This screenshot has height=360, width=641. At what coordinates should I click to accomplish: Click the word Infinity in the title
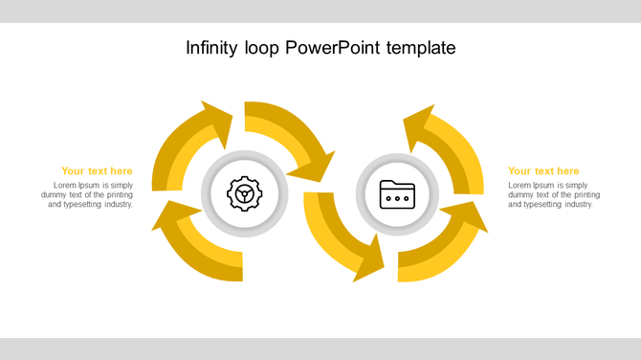(x=214, y=47)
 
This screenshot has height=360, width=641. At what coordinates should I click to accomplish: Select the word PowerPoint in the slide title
(x=333, y=47)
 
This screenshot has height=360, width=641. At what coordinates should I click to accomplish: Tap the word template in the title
(x=421, y=47)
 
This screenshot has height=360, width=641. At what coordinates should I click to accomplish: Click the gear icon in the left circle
(x=244, y=194)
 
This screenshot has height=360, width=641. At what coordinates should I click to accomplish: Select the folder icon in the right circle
(x=397, y=194)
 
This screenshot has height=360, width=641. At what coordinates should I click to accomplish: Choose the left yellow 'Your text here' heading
(x=97, y=171)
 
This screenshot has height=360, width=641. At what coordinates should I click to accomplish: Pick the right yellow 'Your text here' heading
(x=543, y=171)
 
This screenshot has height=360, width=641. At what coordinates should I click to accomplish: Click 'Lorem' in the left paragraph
(x=66, y=185)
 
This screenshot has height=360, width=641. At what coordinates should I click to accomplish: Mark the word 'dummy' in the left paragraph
(x=55, y=194)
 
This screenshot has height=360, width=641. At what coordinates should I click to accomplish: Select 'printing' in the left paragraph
(x=117, y=194)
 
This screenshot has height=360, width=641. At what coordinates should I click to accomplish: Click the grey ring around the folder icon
(x=397, y=159)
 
